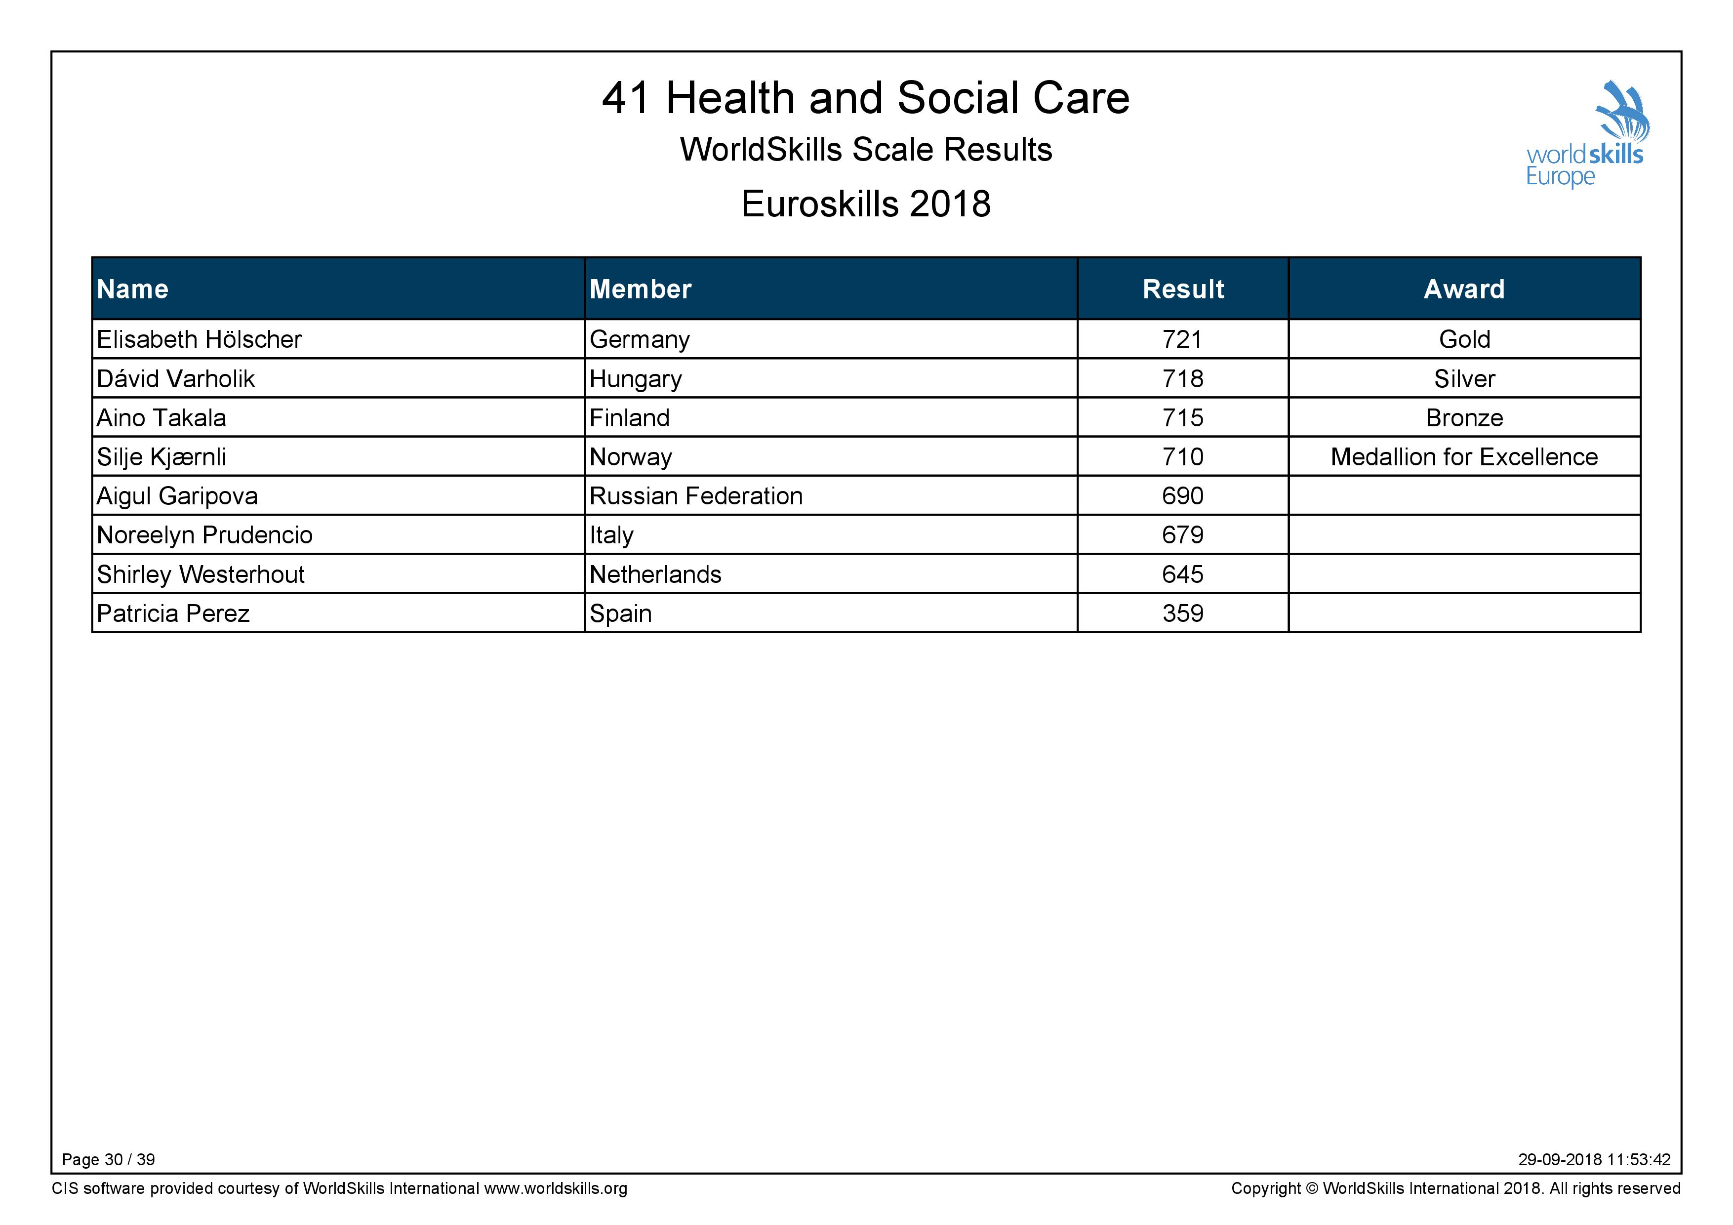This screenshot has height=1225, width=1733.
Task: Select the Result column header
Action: click(1183, 289)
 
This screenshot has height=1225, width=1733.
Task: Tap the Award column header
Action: click(1464, 289)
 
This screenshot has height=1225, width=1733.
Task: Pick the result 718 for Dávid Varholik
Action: click(1183, 379)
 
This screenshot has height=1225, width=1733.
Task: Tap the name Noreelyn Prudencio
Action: click(204, 535)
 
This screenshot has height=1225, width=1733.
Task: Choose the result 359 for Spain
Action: click(1183, 613)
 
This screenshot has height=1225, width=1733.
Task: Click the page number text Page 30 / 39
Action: click(109, 1159)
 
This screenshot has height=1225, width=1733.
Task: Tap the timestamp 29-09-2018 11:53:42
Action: click(1595, 1159)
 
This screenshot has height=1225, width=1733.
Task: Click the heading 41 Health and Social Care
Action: click(866, 98)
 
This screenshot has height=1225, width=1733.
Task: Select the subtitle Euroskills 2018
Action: click(866, 204)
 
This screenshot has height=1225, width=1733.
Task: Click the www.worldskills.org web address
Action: click(556, 1189)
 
